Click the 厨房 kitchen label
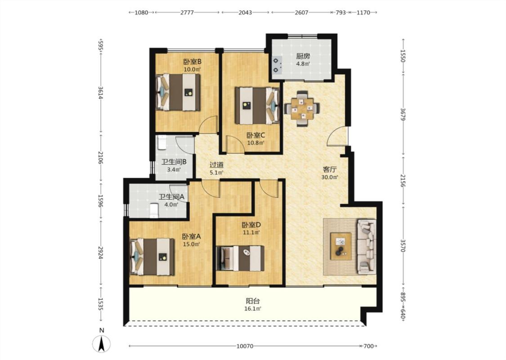[x=303, y=56]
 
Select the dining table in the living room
[x=302, y=108]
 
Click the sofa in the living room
[x=367, y=247]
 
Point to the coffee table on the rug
[x=341, y=246]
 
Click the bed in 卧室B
[x=178, y=92]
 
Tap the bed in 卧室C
[x=257, y=106]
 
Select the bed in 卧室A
[x=152, y=256]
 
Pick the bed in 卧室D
[x=241, y=258]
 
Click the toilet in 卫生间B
[x=161, y=142]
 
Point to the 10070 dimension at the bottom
[x=245, y=346]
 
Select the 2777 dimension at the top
[x=187, y=13]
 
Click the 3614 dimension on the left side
[x=101, y=93]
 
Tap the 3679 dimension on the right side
[x=403, y=115]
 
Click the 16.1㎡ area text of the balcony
[x=253, y=309]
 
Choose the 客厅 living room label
[x=330, y=170]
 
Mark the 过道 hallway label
[x=216, y=165]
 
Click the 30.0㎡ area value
[x=330, y=177]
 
